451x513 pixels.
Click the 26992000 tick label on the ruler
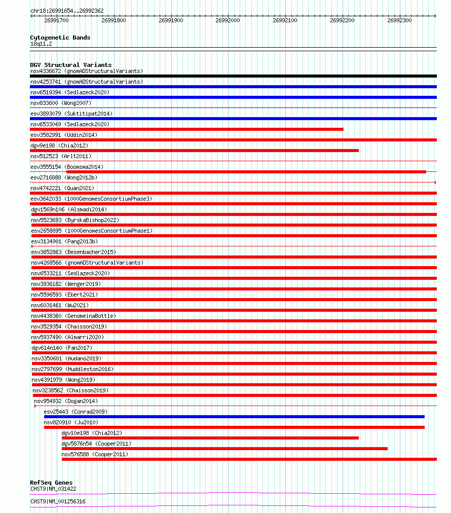[x=228, y=21]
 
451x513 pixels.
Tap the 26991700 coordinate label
[x=56, y=21]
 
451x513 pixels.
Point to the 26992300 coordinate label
[x=399, y=21]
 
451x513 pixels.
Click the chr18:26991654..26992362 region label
[x=67, y=11]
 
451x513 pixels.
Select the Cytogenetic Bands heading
[x=60, y=38]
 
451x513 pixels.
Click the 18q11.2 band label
[x=41, y=44]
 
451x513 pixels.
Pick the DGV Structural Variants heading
[x=70, y=65]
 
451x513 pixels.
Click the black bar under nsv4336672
[x=233, y=76]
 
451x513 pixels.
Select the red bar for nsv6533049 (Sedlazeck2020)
[x=186, y=129]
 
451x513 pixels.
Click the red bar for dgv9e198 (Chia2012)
[x=194, y=151]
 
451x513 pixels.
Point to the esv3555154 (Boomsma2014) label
[x=67, y=167]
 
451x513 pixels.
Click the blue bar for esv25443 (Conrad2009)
[x=234, y=417]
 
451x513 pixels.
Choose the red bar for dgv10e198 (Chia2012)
[x=210, y=438]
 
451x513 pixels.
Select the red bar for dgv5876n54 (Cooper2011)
[x=224, y=449]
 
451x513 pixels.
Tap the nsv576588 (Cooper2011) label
[x=95, y=454]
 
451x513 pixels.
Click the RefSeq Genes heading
[x=51, y=483]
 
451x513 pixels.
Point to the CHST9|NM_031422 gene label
[x=53, y=489]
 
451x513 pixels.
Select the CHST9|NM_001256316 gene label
[x=58, y=501]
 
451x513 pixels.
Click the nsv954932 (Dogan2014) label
[x=66, y=401]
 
